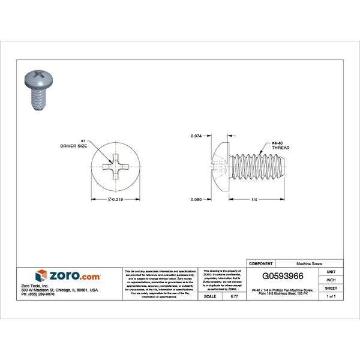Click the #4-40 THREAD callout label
pyautogui.click(x=280, y=144)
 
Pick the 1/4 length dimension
pyautogui.click(x=254, y=199)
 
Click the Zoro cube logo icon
pyautogui.click(x=41, y=276)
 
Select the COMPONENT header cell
pyautogui.click(x=260, y=263)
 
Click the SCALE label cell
pyautogui.click(x=210, y=296)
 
